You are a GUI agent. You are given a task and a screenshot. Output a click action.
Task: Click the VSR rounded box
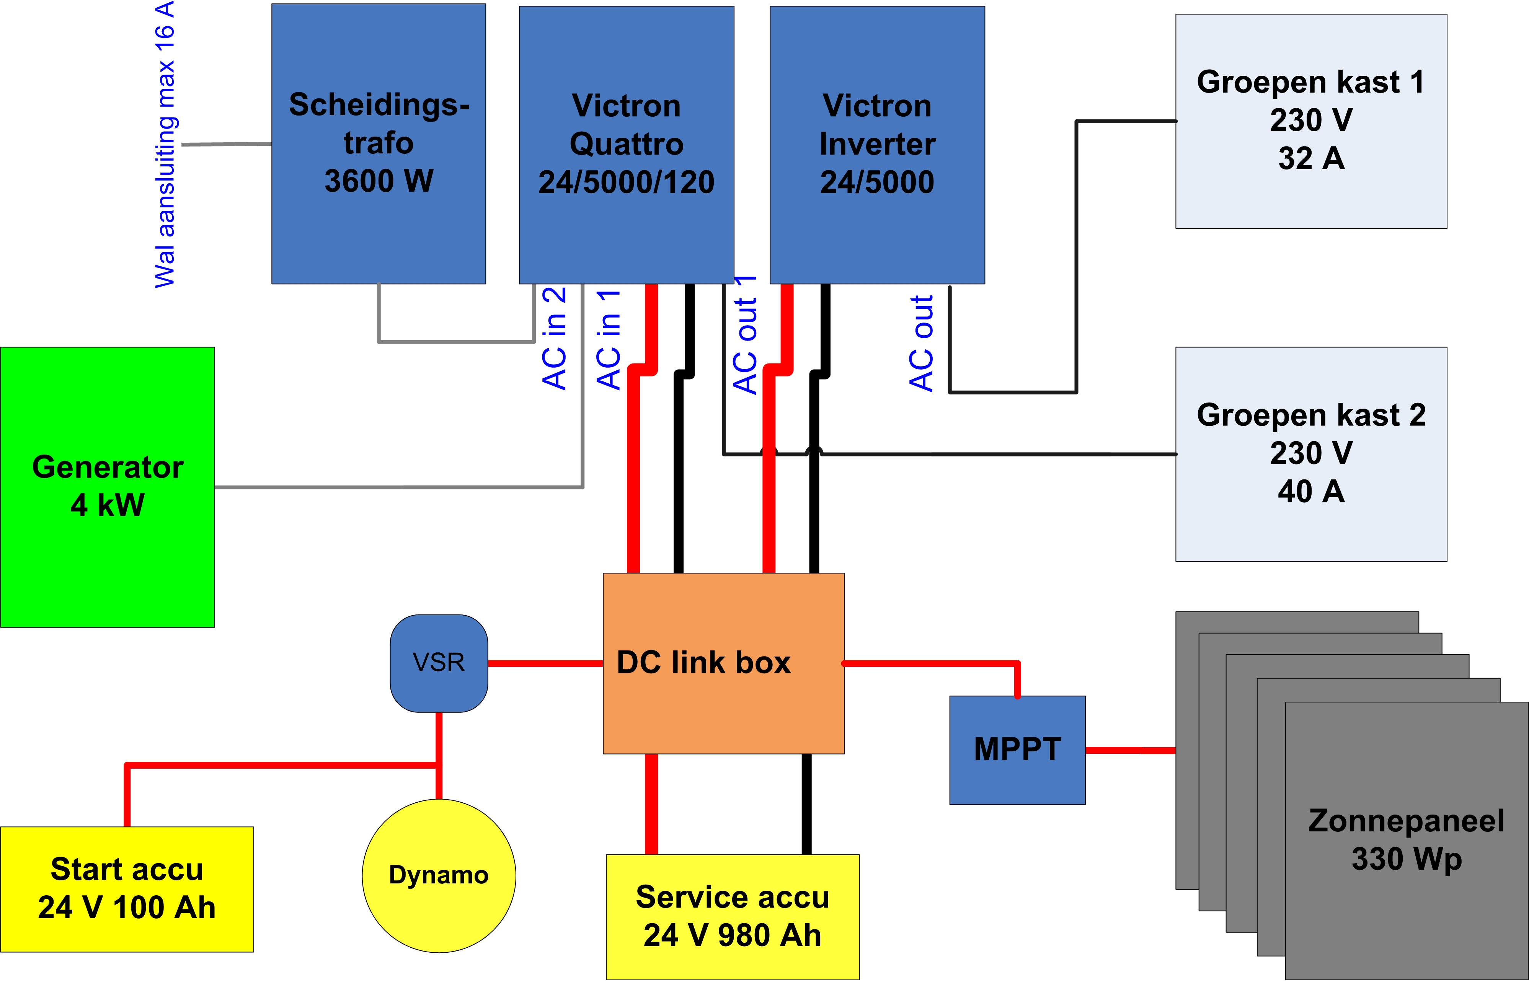click(439, 663)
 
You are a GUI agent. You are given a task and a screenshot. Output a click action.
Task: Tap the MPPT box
click(1017, 750)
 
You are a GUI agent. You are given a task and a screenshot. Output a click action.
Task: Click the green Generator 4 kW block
click(108, 487)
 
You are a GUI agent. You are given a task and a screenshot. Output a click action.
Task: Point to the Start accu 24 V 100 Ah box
click(127, 889)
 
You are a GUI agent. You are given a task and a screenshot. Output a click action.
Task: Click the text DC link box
click(704, 663)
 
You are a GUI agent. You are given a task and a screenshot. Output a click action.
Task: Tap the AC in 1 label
click(609, 339)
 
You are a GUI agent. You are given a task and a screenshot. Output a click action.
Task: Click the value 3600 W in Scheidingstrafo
click(379, 181)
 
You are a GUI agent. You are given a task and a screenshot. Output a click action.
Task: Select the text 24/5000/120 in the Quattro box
click(626, 182)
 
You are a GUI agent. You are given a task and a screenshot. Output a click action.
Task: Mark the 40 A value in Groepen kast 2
click(1311, 491)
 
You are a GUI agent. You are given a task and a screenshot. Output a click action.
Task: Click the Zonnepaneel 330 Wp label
click(1407, 839)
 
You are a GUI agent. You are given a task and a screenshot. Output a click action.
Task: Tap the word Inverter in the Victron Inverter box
click(877, 144)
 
